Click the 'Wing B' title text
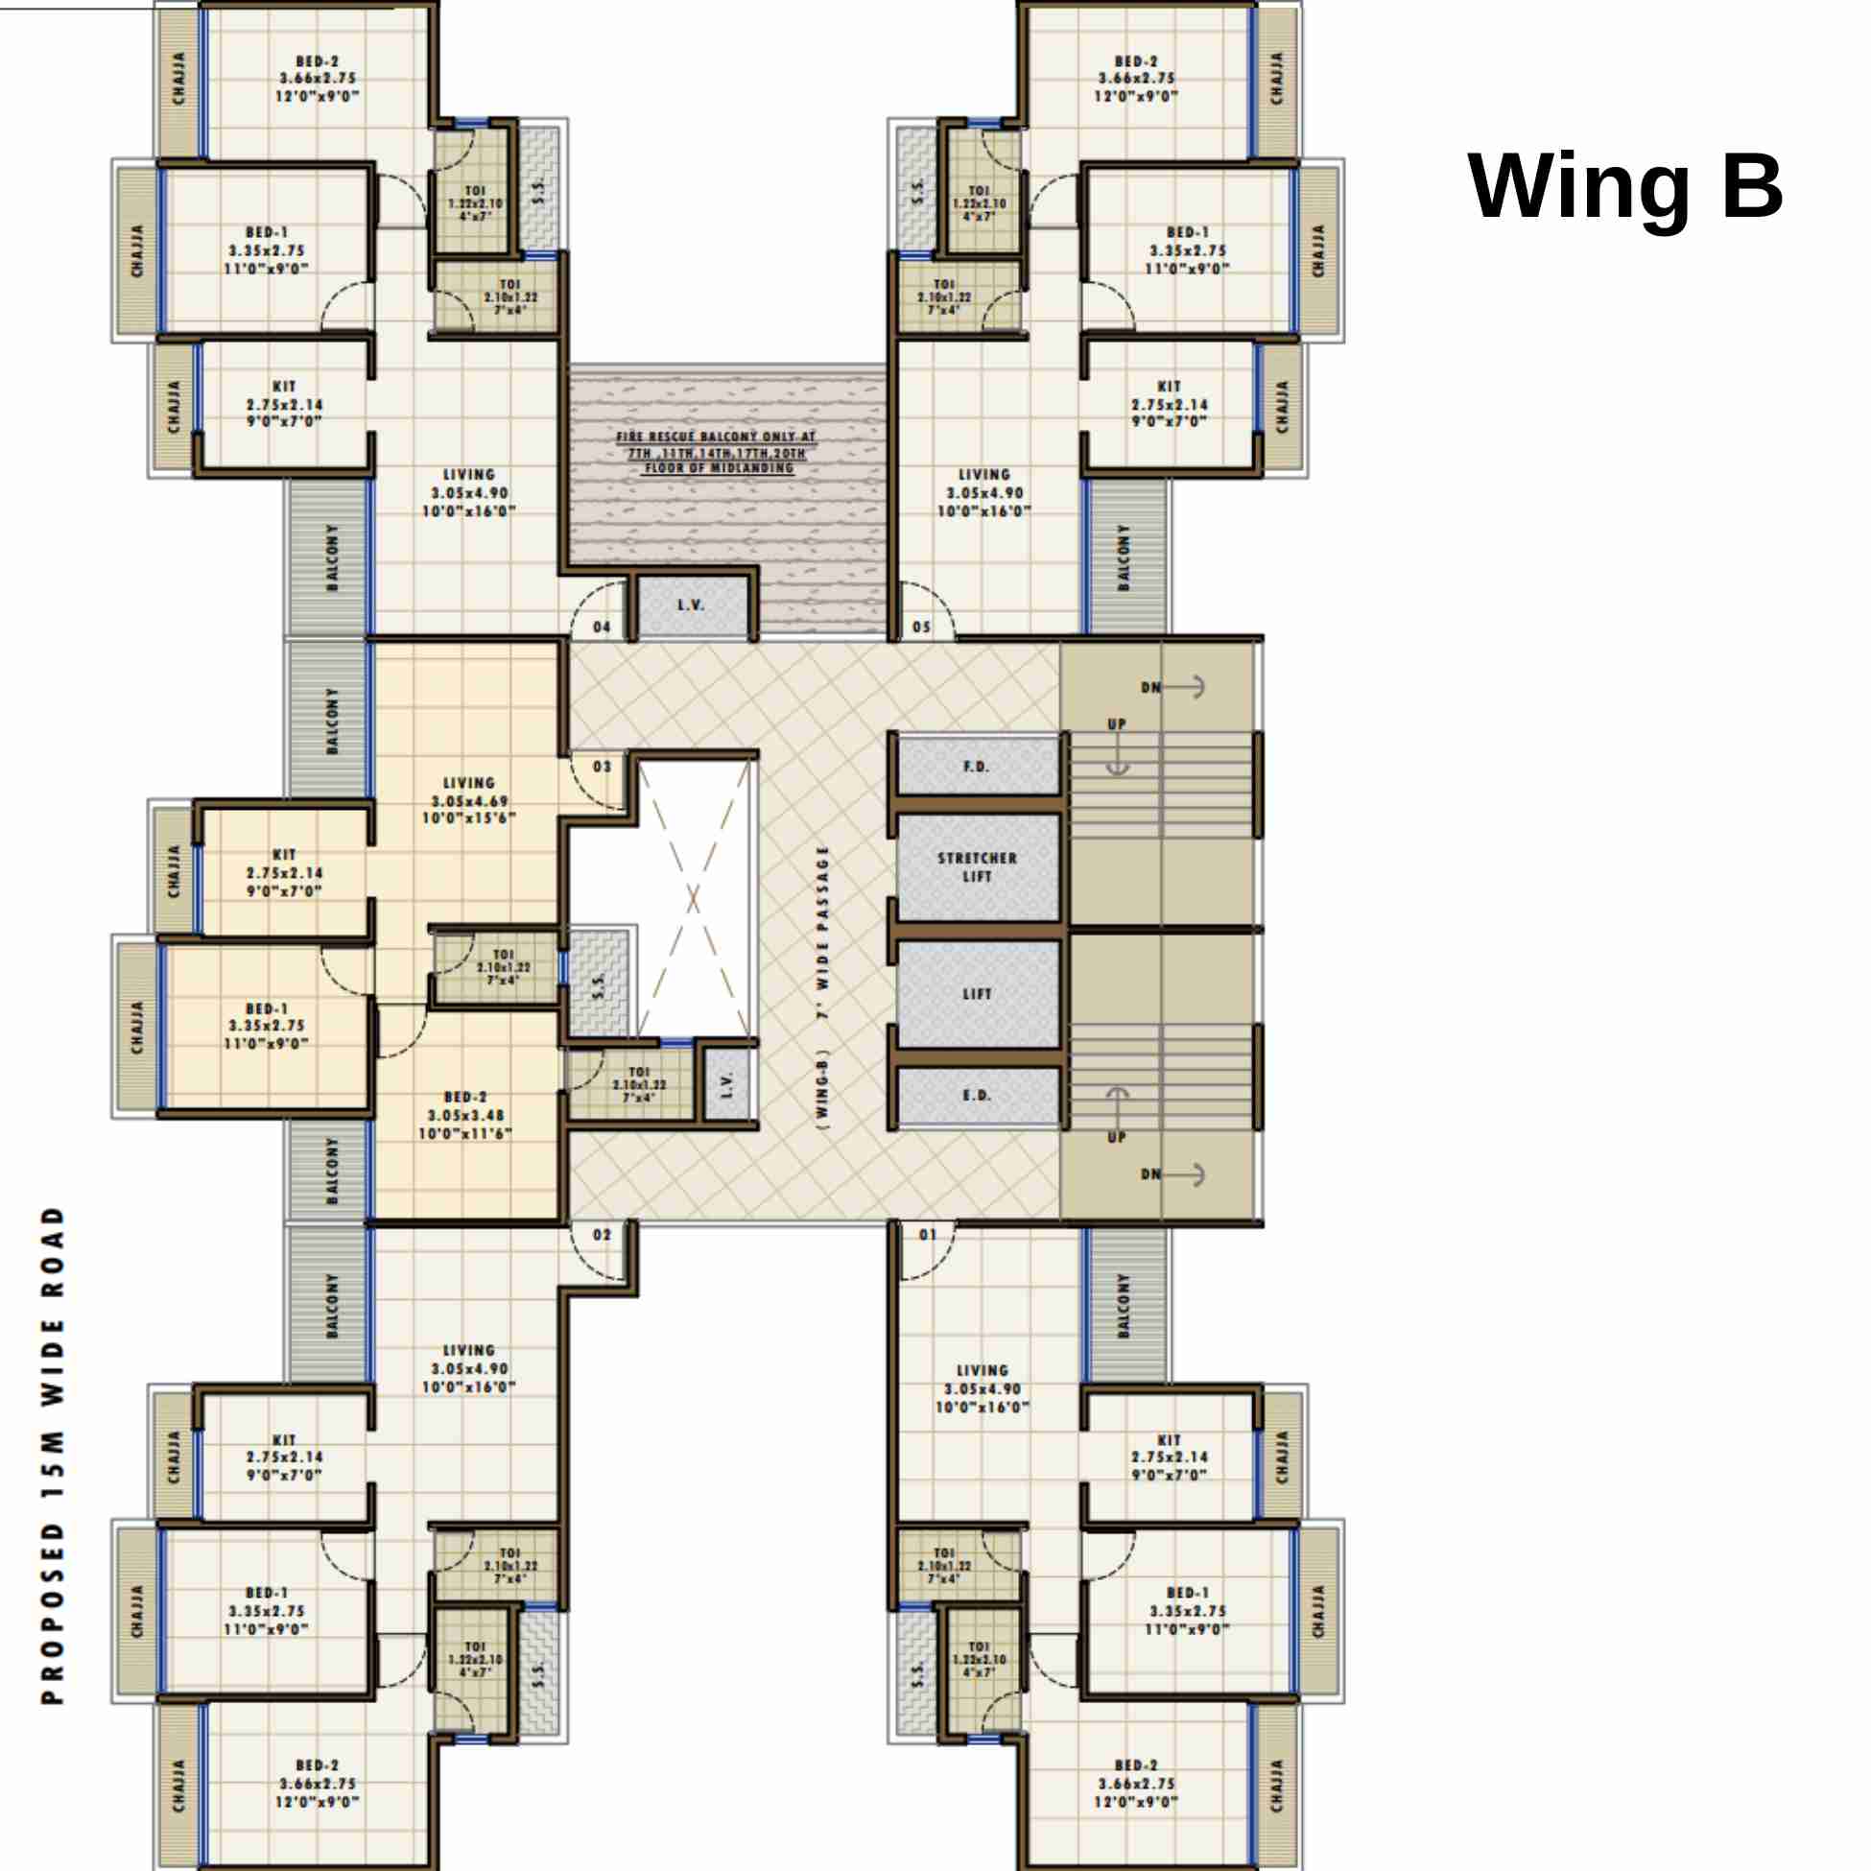point(1624,187)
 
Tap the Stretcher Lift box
point(977,866)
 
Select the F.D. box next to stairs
point(977,766)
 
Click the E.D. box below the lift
point(977,1096)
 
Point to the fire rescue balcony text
point(717,452)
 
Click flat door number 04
point(603,627)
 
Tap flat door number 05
point(921,627)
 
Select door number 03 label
point(603,766)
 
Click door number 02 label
point(603,1235)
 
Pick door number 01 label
point(928,1235)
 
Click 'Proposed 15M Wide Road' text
point(54,1455)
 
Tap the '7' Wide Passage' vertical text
point(824,988)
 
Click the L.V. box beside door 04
point(692,606)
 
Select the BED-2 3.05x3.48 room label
point(465,1115)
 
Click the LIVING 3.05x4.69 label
point(469,801)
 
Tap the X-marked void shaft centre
point(694,899)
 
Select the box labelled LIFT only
point(977,994)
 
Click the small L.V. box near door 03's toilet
point(728,1084)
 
